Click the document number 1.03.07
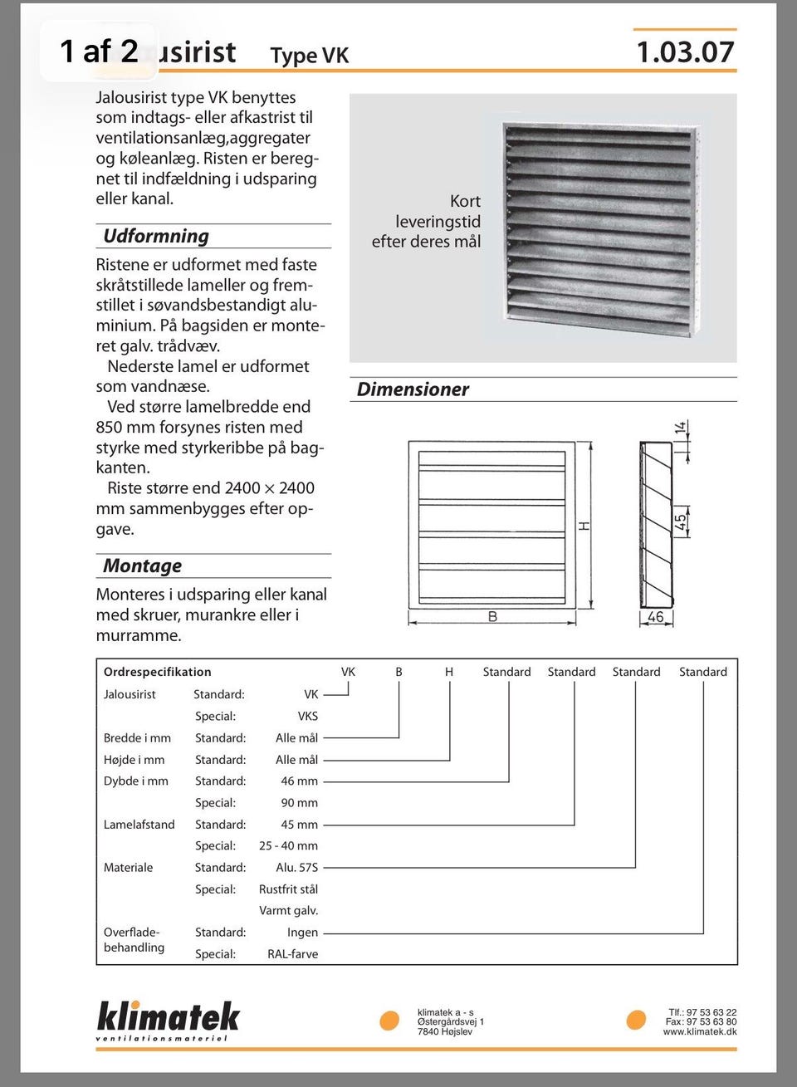(x=685, y=52)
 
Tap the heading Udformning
(x=156, y=236)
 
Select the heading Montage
(x=142, y=566)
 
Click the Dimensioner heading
(x=413, y=389)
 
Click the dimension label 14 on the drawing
(x=681, y=428)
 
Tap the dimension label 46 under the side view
(x=655, y=617)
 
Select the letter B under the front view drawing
(x=492, y=617)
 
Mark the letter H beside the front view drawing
(x=584, y=526)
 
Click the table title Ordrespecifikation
(x=157, y=672)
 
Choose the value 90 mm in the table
(x=299, y=803)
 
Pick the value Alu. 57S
(x=296, y=868)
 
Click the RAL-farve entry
(x=292, y=954)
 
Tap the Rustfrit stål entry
(x=288, y=889)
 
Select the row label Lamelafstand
(x=139, y=825)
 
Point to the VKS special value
(x=307, y=716)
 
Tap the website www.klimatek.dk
(x=699, y=1032)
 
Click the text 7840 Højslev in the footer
(x=444, y=1032)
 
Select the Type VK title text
(x=309, y=56)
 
